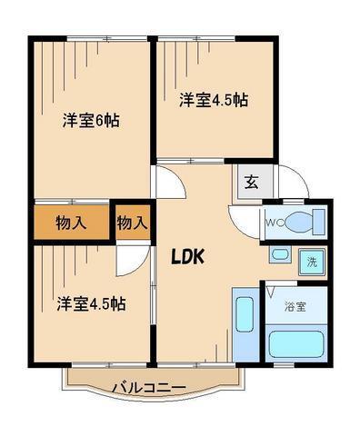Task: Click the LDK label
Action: click(x=187, y=257)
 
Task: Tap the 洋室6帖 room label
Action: click(x=91, y=121)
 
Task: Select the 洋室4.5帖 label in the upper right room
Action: click(x=214, y=100)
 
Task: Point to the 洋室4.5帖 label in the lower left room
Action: click(x=92, y=303)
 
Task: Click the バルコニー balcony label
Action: click(x=149, y=388)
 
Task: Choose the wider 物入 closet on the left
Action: click(x=72, y=223)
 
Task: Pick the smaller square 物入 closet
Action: click(x=133, y=223)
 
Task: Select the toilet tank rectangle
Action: click(x=319, y=222)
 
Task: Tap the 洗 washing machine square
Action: click(x=312, y=262)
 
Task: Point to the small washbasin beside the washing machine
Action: click(x=280, y=254)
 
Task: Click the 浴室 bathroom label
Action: click(x=295, y=307)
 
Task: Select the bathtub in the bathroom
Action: click(x=295, y=344)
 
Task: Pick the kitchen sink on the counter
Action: click(x=245, y=314)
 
